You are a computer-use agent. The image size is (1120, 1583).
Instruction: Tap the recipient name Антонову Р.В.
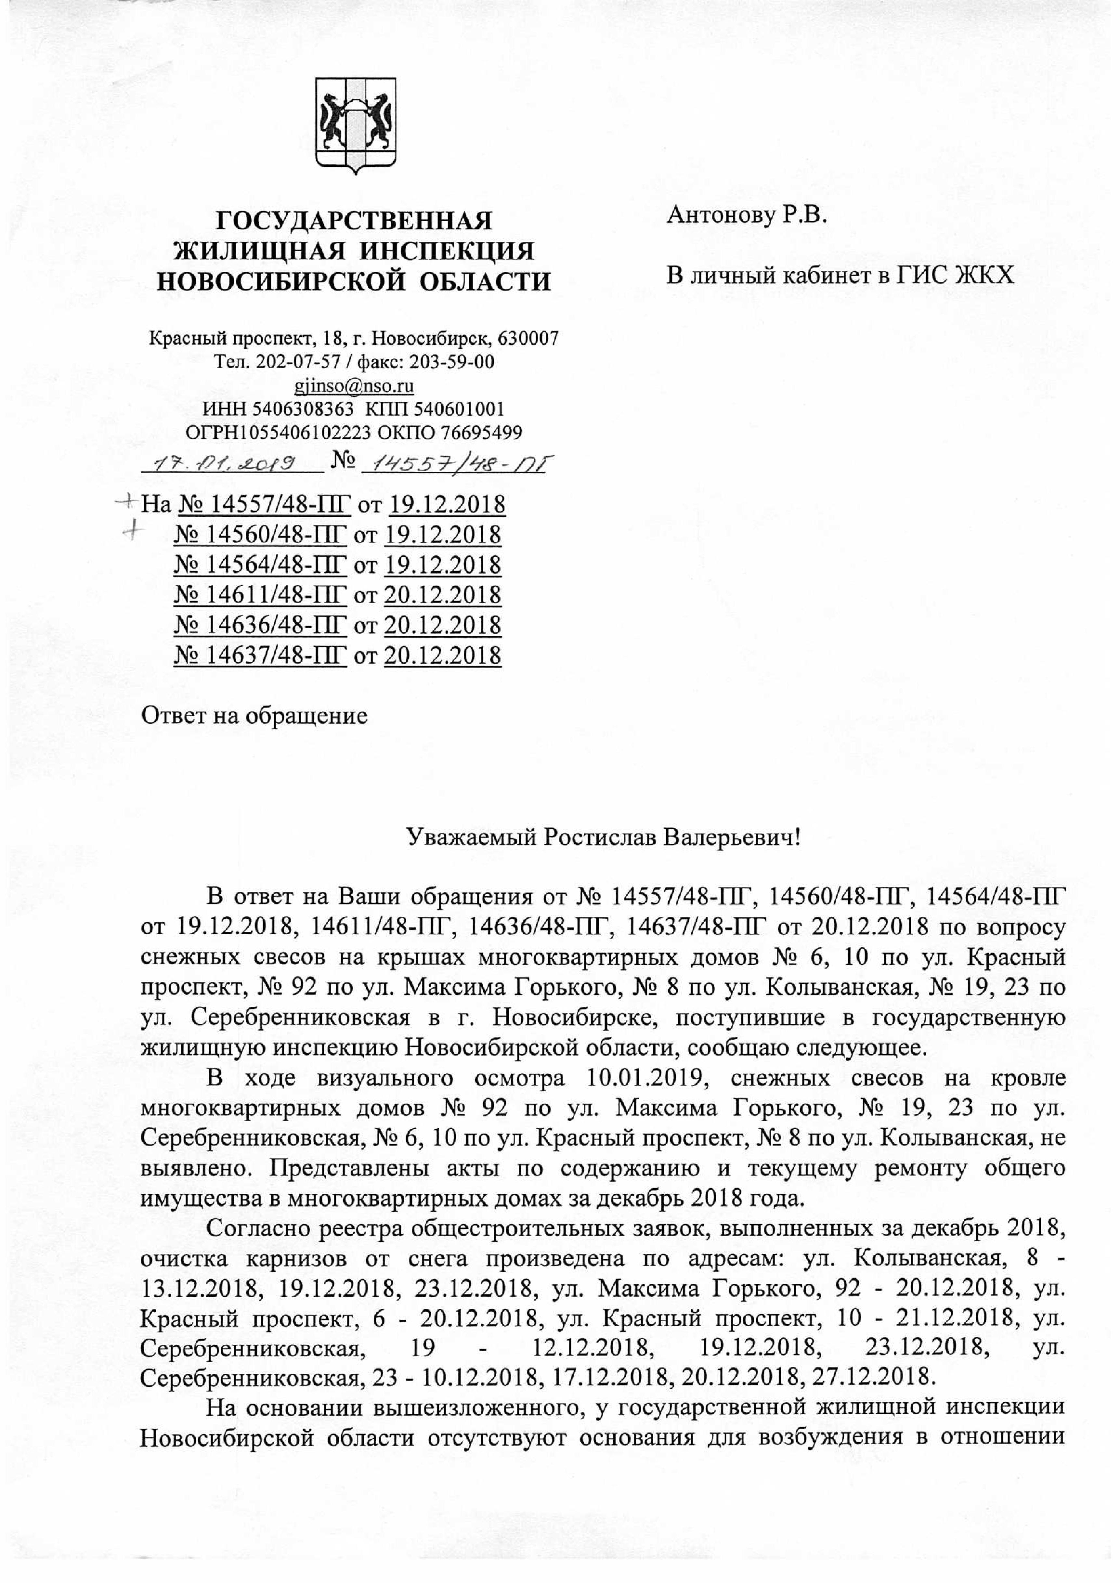pos(746,216)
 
